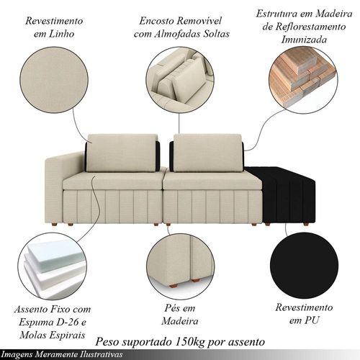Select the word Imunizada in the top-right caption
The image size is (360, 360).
click(304, 40)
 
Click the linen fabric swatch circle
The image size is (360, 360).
click(54, 80)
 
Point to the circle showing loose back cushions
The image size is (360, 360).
click(180, 80)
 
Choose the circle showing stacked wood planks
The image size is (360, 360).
click(303, 80)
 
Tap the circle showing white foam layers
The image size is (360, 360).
click(52, 266)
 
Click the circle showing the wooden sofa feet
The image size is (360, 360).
click(180, 266)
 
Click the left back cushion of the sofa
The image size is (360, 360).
click(122, 153)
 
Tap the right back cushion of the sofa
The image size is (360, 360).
click(207, 153)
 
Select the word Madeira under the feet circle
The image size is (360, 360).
click(180, 321)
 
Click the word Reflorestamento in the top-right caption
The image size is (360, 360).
click(310, 27)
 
